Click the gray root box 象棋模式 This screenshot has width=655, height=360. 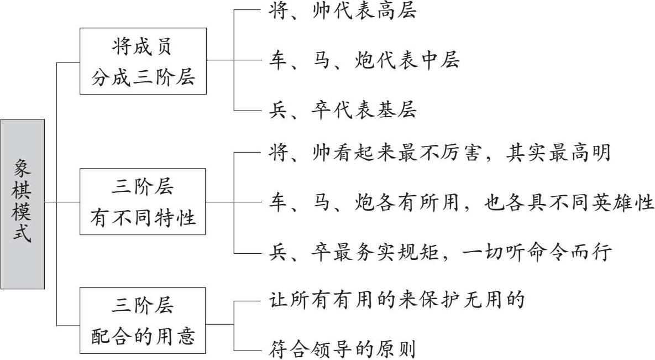pyautogui.click(x=23, y=204)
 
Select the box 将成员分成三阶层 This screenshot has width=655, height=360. pyautogui.click(x=143, y=62)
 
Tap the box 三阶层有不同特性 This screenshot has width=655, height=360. pyautogui.click(x=143, y=202)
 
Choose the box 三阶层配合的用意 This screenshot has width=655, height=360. pyautogui.click(x=143, y=320)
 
